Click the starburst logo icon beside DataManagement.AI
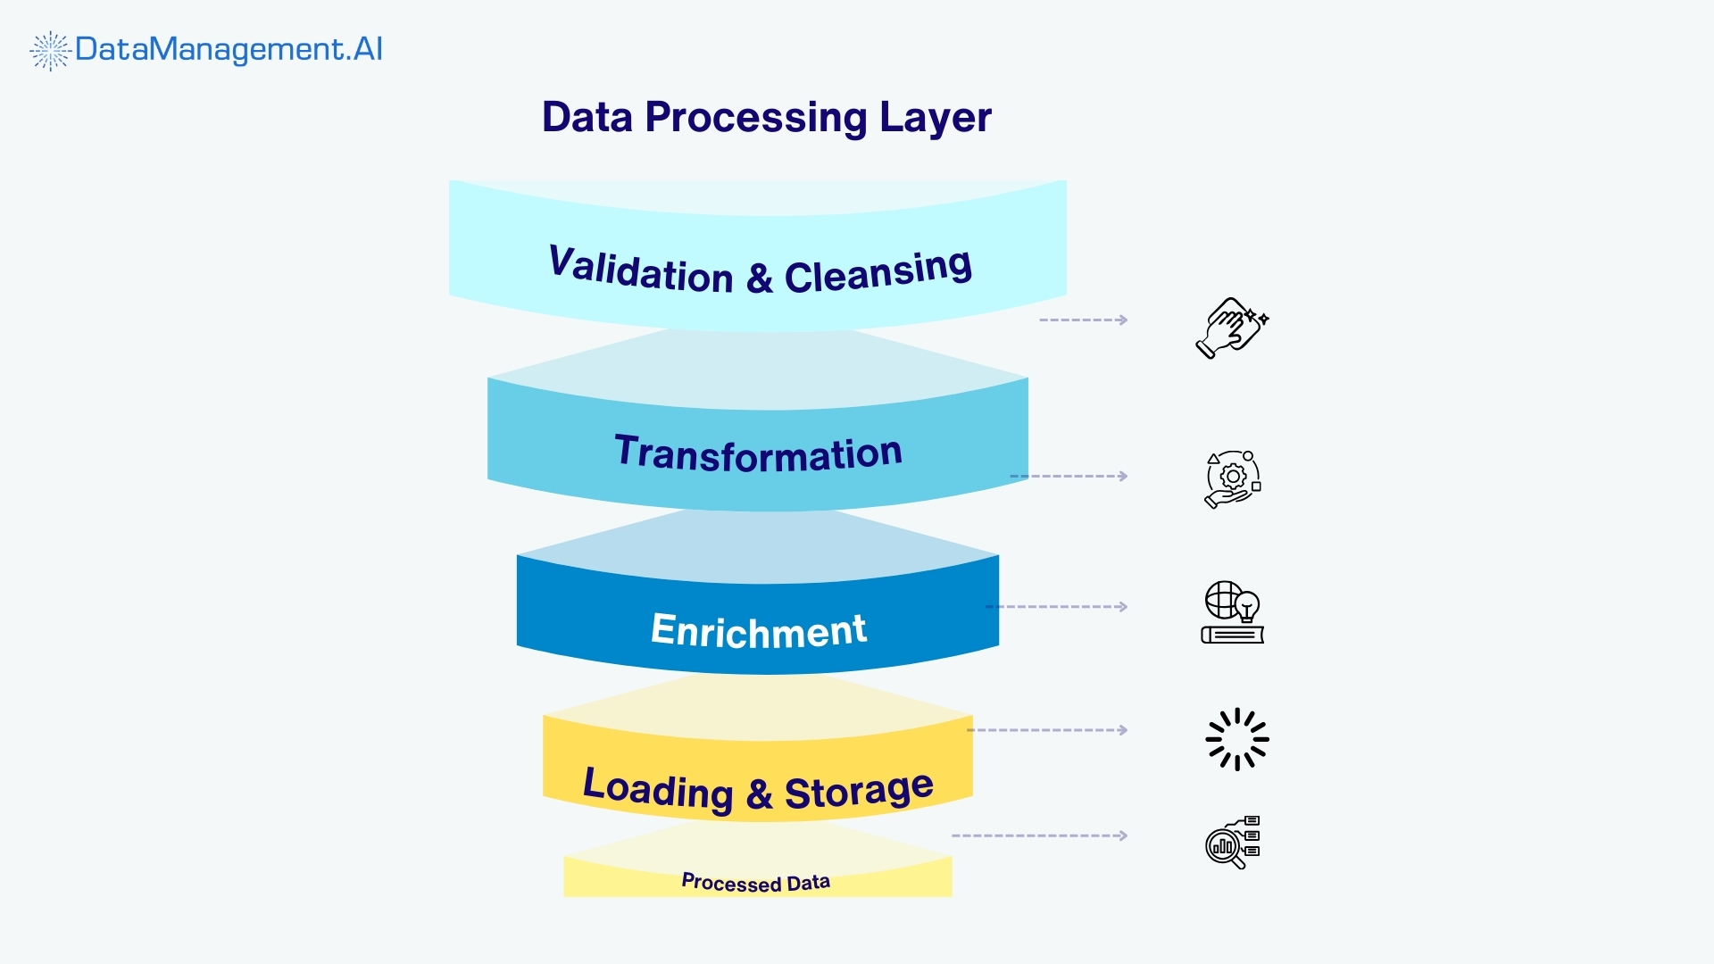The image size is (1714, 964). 50,51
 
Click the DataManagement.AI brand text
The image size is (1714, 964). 229,49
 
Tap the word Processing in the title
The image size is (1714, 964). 755,118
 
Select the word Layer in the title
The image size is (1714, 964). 935,118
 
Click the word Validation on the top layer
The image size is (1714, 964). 640,269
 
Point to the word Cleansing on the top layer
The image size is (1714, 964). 878,270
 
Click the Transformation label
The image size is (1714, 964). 758,453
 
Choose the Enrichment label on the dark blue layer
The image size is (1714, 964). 758,630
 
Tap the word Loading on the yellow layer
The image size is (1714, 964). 657,789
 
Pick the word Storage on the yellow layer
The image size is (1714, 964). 859,791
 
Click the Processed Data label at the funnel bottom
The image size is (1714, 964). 755,882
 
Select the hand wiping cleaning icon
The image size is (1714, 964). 1232,328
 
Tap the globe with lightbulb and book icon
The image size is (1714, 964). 1233,612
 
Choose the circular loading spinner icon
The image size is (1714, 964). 1236,739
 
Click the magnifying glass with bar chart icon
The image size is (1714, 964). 1232,842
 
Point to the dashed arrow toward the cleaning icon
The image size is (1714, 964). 1084,320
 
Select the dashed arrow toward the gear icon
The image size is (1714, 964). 1069,476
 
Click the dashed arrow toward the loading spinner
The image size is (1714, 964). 1047,730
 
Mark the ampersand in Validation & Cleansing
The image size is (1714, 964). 759,278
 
